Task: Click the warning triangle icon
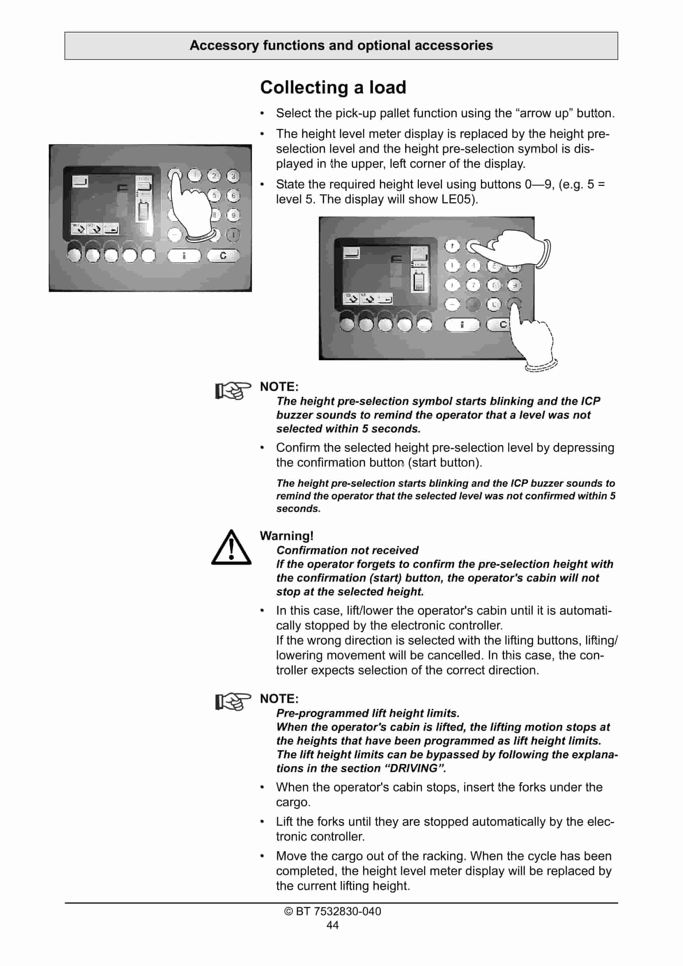(231, 548)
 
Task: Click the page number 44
(332, 925)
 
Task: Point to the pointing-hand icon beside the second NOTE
(232, 702)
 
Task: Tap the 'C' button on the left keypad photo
(223, 255)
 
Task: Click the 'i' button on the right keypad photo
(462, 325)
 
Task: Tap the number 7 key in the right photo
(473, 285)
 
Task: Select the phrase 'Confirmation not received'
(348, 550)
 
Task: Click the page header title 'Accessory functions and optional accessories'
(341, 45)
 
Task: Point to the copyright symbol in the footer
(288, 911)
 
